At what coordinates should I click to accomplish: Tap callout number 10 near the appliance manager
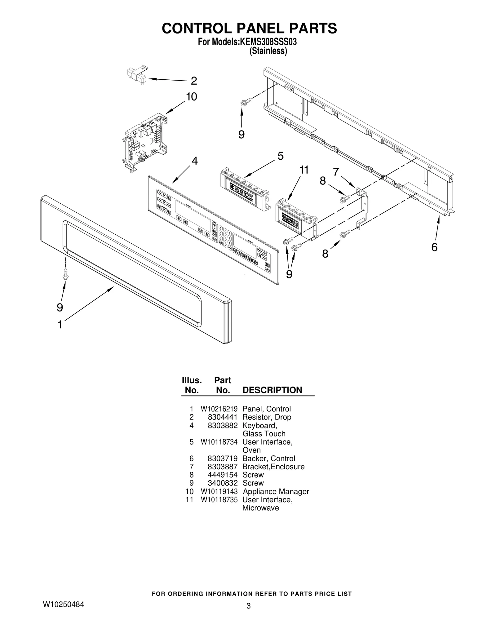[x=192, y=97]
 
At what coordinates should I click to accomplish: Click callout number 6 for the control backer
[x=434, y=247]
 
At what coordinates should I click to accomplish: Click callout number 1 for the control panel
[x=60, y=325]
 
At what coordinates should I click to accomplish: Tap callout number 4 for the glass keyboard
[x=194, y=161]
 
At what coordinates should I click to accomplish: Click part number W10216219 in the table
[x=219, y=409]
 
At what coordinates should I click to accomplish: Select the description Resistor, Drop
[x=267, y=417]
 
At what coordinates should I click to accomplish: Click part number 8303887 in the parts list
[x=222, y=467]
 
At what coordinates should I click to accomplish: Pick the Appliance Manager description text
[x=276, y=491]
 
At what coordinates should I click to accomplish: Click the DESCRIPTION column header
[x=272, y=390]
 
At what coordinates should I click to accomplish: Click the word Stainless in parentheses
[x=268, y=51]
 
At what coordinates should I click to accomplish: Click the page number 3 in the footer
[x=248, y=606]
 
